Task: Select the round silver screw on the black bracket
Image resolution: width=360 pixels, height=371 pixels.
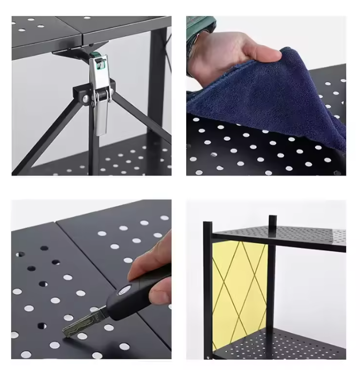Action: click(x=86, y=98)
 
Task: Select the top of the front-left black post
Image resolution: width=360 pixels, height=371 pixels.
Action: click(x=207, y=224)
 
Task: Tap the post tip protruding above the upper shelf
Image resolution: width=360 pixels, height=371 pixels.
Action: click(x=272, y=220)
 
